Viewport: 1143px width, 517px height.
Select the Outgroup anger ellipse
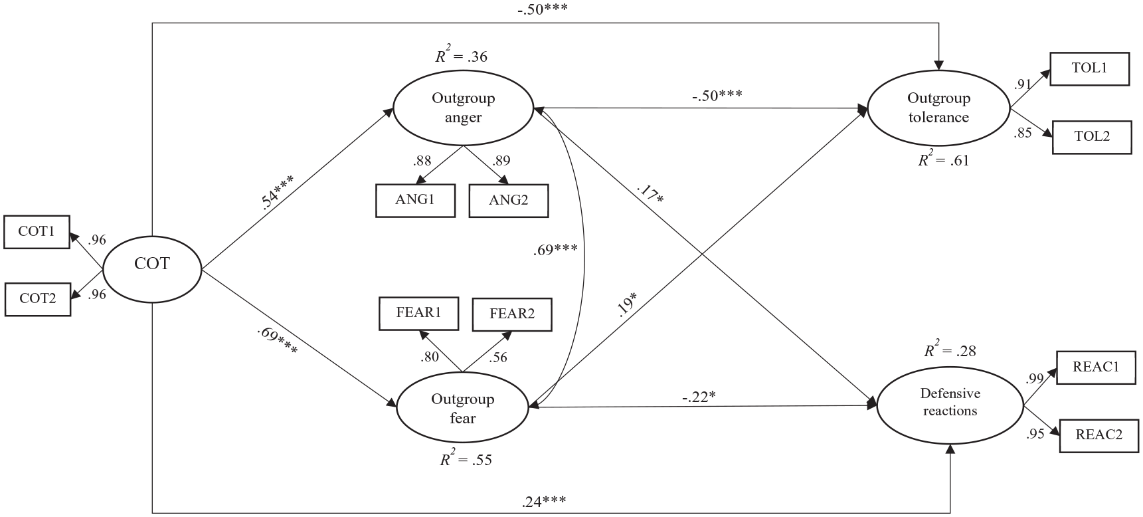[464, 108]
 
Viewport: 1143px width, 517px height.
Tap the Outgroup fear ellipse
[462, 408]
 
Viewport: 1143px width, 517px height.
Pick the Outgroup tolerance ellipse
[938, 108]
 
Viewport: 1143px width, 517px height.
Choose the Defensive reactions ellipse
[950, 403]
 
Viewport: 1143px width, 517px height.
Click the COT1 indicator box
[37, 232]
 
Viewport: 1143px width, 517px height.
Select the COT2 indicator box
[37, 298]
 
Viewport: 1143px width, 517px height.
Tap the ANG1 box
[415, 200]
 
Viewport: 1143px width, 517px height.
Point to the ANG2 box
[509, 200]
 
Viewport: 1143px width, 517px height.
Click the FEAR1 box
[418, 313]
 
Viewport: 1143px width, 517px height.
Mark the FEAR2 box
[512, 314]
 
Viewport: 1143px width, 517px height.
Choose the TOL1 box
[1089, 69]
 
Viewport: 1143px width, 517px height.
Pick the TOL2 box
[1092, 137]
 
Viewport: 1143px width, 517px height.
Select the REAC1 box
[1096, 367]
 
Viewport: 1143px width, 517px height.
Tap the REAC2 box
[1099, 435]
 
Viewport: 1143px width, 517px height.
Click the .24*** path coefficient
[544, 501]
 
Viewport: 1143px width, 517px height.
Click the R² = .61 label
[944, 159]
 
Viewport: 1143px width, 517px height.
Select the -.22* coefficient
[699, 397]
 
